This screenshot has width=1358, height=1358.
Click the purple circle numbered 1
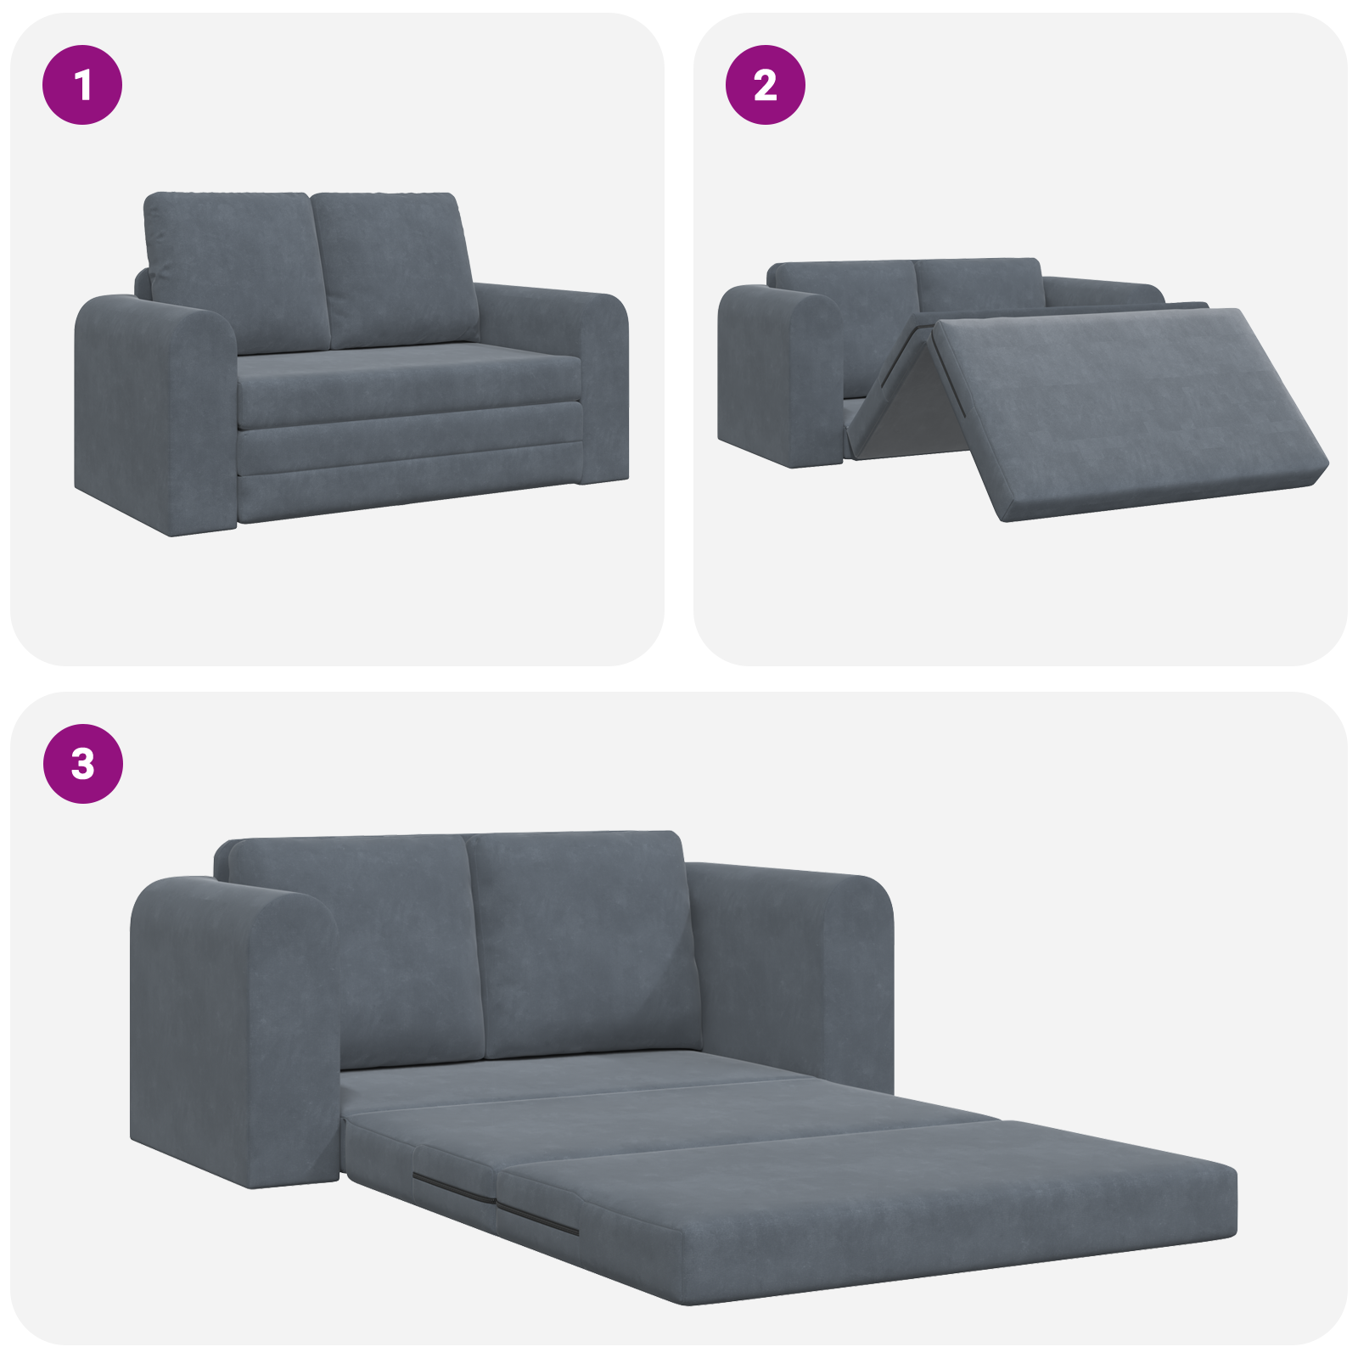point(82,85)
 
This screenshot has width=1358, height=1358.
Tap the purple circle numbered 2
point(765,85)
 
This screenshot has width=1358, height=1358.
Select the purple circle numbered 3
point(82,763)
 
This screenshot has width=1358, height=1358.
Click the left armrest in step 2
point(777,373)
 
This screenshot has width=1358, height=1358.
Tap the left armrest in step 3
point(229,1035)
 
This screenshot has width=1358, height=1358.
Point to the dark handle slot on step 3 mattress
point(455,1189)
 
